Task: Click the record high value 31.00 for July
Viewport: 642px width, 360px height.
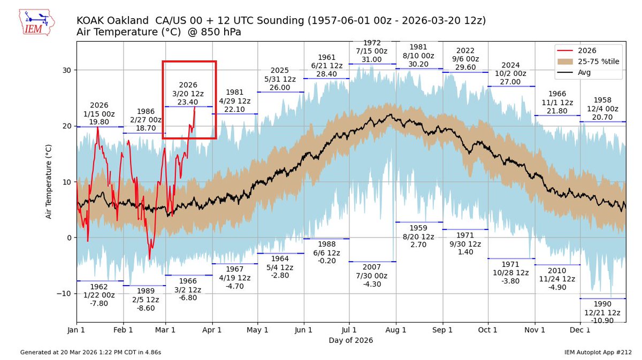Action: tap(372, 59)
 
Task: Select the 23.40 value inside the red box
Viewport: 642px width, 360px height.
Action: tap(188, 102)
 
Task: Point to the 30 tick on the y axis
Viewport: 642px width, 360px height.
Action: tap(68, 70)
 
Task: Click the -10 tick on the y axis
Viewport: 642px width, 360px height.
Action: tap(66, 293)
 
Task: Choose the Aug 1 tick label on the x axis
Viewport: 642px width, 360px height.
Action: tap(396, 331)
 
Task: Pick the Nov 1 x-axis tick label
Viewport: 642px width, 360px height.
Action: tap(535, 331)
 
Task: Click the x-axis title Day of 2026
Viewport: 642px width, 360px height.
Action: tap(350, 340)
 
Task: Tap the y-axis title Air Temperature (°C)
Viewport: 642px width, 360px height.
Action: tap(49, 181)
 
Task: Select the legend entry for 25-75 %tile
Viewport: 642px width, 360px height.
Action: tap(599, 62)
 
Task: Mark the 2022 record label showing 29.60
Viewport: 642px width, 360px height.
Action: tap(465, 67)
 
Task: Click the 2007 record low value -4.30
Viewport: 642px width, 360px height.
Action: tap(372, 284)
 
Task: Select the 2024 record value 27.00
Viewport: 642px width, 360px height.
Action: tap(510, 82)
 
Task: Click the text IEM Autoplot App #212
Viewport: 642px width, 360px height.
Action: tap(598, 353)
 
